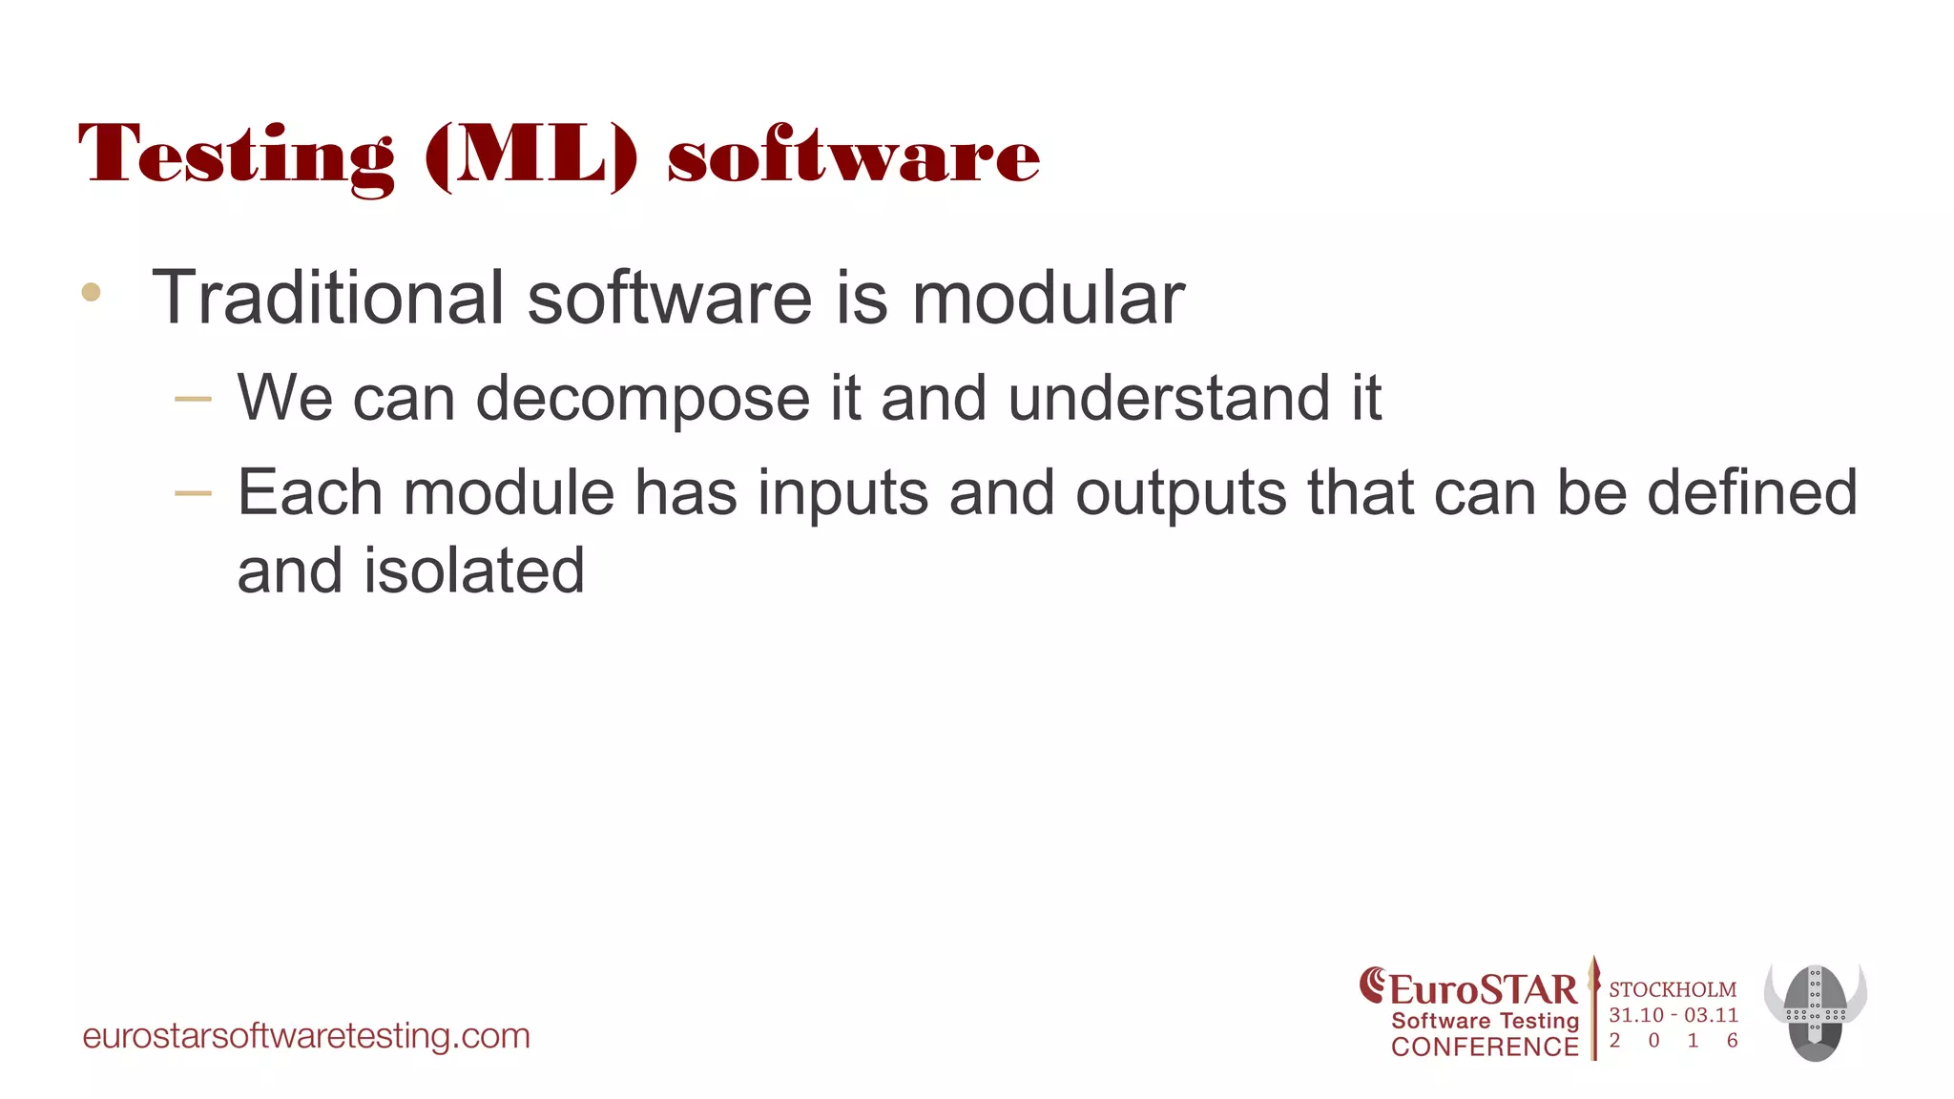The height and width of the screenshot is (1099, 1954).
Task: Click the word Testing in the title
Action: [x=236, y=156]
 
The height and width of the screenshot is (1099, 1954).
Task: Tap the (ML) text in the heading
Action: [x=530, y=156]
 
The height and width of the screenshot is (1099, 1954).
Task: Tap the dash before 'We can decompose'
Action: [x=194, y=399]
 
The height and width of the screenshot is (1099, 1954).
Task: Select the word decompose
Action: [x=643, y=399]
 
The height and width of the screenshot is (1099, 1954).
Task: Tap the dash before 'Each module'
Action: [x=194, y=493]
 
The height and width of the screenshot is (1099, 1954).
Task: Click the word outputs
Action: [x=1180, y=493]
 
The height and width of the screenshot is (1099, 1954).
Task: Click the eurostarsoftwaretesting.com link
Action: [x=306, y=1036]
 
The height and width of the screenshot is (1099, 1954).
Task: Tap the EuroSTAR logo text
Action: [x=1483, y=989]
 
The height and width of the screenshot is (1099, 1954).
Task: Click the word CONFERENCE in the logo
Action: [x=1485, y=1047]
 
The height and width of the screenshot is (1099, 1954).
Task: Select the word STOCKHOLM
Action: [x=1673, y=989]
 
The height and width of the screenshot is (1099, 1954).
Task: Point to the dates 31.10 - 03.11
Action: [x=1673, y=1015]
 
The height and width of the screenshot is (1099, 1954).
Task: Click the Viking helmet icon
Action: [x=1815, y=1012]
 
